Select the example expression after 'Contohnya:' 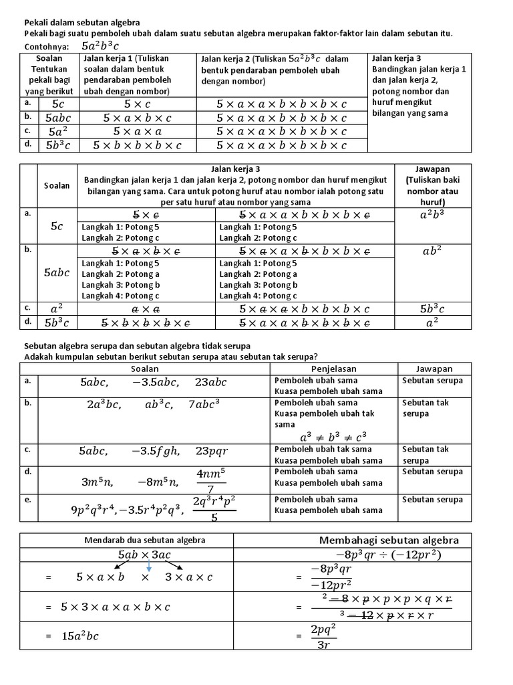click(x=101, y=46)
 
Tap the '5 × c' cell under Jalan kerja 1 click(x=137, y=104)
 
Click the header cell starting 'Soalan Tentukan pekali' click(x=50, y=75)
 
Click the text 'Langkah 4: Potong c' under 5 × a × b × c click(x=120, y=296)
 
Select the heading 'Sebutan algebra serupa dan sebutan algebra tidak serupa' click(x=138, y=345)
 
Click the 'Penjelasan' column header click(x=334, y=369)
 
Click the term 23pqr click(x=211, y=451)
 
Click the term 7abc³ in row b click(x=204, y=405)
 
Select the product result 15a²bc click(x=79, y=635)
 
